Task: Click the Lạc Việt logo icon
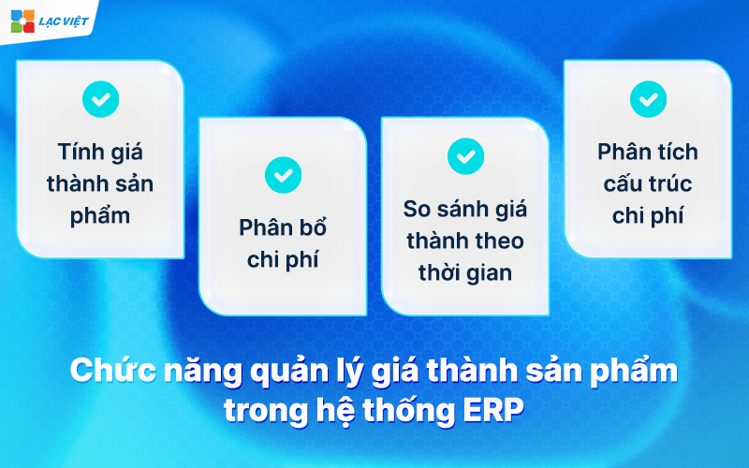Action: pyautogui.click(x=22, y=21)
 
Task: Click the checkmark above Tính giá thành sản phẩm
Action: pyautogui.click(x=100, y=97)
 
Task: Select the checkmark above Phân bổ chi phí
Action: pyautogui.click(x=283, y=173)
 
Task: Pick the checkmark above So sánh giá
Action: pyautogui.click(x=465, y=155)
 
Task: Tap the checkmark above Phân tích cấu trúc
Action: pyautogui.click(x=648, y=98)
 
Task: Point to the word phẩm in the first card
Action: pyautogui.click(x=100, y=215)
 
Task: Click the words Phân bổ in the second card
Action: pyautogui.click(x=282, y=228)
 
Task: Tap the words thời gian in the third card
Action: pyautogui.click(x=464, y=273)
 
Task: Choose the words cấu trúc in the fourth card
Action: pyautogui.click(x=648, y=183)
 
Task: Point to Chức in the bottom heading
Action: pyautogui.click(x=104, y=371)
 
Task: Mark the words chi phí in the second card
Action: pyautogui.click(x=282, y=260)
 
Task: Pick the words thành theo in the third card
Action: pyautogui.click(x=464, y=241)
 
